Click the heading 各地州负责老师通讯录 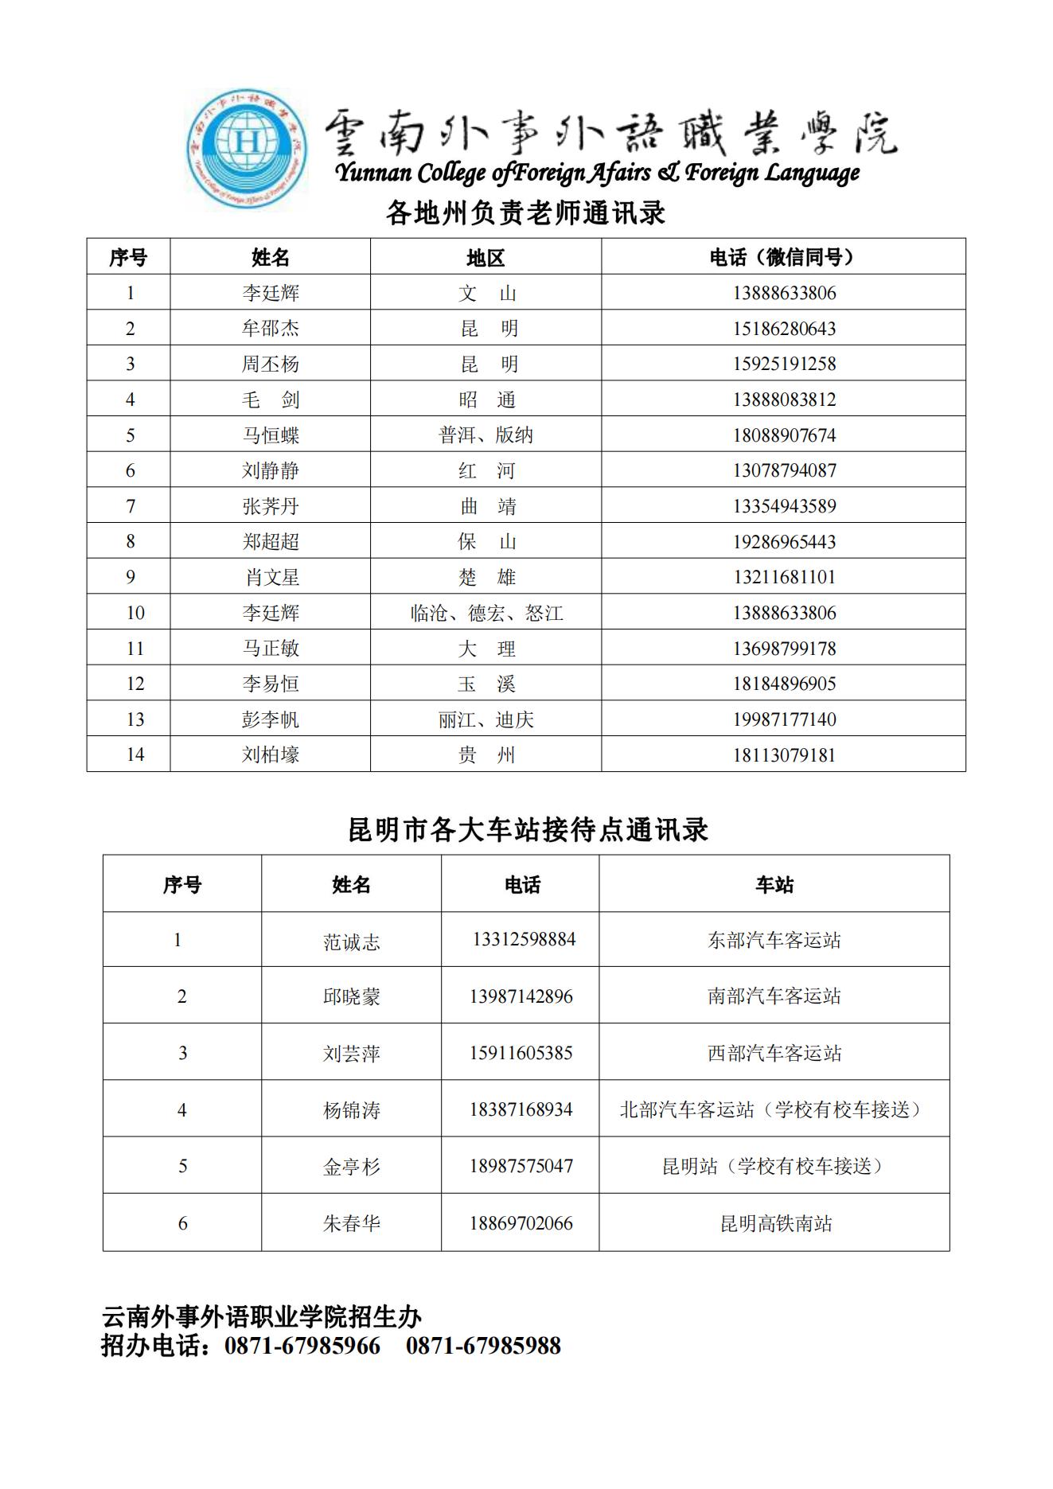tap(525, 212)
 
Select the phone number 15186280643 tap(784, 328)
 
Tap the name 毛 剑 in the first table tap(271, 400)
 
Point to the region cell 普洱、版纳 tap(486, 435)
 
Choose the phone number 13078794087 tap(784, 470)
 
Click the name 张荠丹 tap(271, 506)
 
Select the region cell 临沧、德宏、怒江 tap(486, 613)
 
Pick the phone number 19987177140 tap(784, 719)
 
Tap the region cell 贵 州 tap(486, 754)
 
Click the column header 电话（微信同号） tap(783, 257)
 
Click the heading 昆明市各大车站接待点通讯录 tap(528, 830)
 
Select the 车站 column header tap(774, 884)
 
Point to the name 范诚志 tap(351, 941)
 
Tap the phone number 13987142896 tap(521, 996)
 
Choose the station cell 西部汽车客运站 tap(774, 1053)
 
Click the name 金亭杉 tap(351, 1167)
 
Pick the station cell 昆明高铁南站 tap(775, 1223)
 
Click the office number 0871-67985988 tap(483, 1346)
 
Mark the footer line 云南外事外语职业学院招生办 tap(261, 1317)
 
